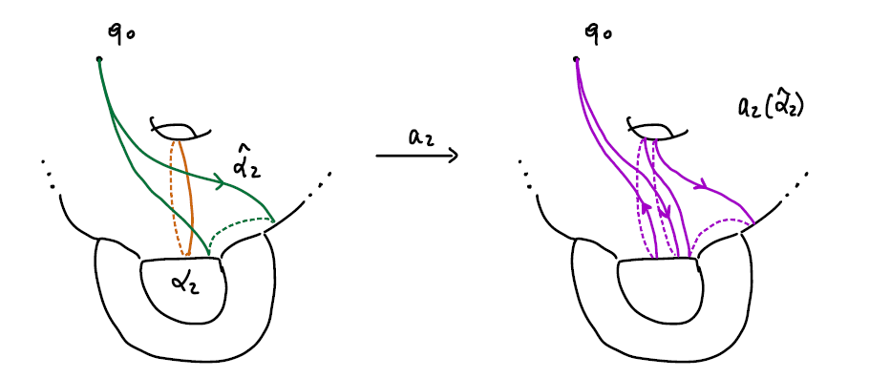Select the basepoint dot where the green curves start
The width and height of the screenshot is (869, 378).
coord(99,59)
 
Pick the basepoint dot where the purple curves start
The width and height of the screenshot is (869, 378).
coord(577,59)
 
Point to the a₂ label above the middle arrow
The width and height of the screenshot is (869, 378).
coord(419,136)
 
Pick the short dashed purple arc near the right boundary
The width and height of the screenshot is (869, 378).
coord(721,227)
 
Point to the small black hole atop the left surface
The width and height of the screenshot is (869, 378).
coord(175,128)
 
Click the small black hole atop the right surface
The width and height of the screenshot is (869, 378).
coord(652,128)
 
